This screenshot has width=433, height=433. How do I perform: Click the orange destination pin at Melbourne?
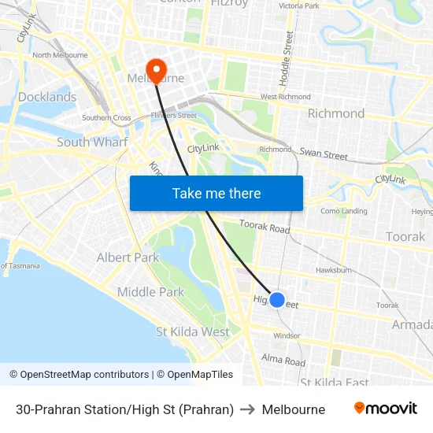(156, 71)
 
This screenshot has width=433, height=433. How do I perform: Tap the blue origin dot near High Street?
(276, 299)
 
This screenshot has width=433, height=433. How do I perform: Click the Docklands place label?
(47, 97)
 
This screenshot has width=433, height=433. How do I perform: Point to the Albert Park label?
(128, 257)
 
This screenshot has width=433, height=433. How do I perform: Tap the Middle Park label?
(150, 292)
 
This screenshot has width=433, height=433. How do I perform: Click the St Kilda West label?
(193, 331)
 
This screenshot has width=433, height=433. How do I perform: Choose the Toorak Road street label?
(265, 227)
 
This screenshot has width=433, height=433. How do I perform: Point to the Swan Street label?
(324, 154)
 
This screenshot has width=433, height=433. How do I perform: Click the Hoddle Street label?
(287, 58)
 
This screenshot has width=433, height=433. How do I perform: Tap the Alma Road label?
(283, 361)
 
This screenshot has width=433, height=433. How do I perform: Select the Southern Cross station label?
(106, 118)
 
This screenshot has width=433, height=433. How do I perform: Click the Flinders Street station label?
(173, 115)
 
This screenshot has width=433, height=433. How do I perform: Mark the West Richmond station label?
(285, 97)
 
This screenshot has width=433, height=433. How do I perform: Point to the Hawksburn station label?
(333, 269)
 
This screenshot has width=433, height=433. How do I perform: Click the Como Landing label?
(343, 211)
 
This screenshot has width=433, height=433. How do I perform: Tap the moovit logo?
(385, 409)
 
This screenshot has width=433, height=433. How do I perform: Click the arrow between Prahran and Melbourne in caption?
(247, 409)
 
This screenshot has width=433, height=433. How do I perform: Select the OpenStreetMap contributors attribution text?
(79, 375)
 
